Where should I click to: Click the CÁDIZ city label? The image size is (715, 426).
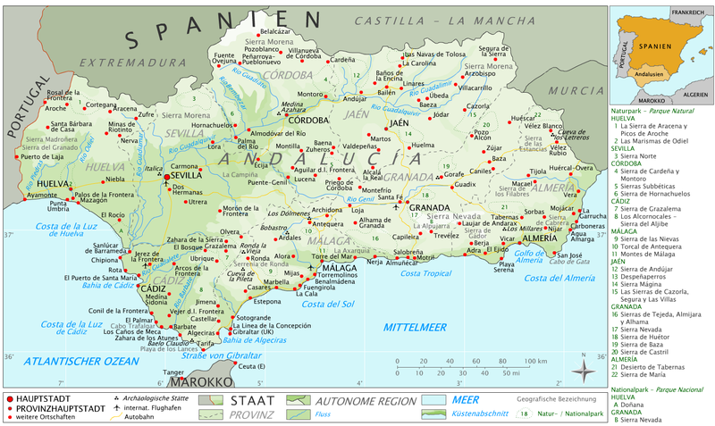153,289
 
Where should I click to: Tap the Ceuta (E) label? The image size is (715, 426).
253,366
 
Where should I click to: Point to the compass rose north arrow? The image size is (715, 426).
582,369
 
